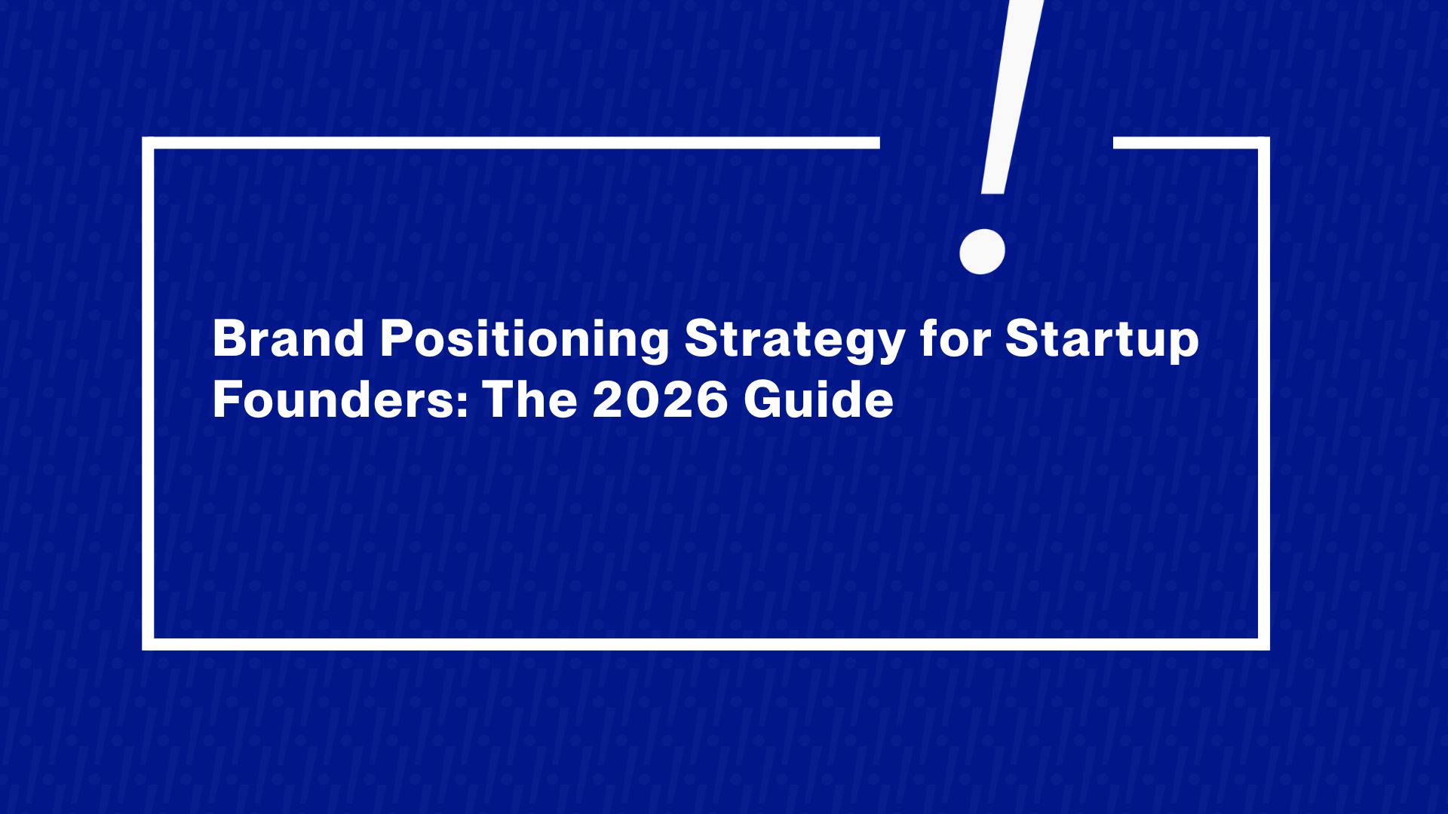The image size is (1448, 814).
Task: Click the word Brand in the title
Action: point(289,339)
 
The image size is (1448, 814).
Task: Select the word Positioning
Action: point(524,341)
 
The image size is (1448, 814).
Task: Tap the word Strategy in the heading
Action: point(794,341)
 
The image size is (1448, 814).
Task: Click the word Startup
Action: point(1102,341)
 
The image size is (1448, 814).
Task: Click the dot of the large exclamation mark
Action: point(982,251)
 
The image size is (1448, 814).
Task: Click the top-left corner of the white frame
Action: point(149,143)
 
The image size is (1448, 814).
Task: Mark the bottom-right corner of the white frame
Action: point(1263,644)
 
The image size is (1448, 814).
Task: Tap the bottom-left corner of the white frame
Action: point(149,644)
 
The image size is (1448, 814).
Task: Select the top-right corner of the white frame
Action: point(1263,143)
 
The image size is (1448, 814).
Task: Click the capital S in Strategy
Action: point(703,339)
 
